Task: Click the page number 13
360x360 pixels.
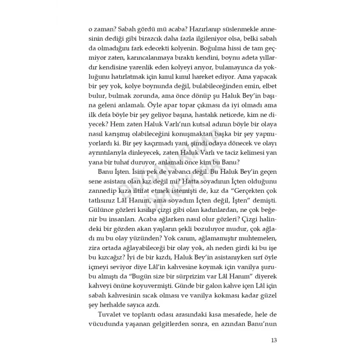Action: (x=274, y=340)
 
